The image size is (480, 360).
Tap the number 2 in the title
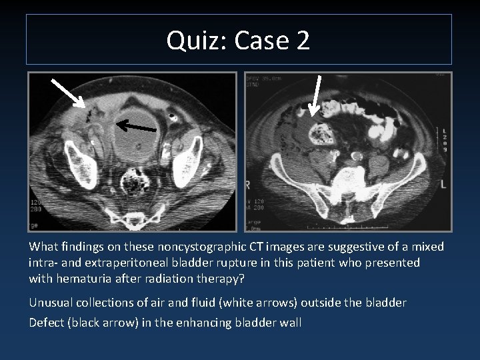(301, 41)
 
